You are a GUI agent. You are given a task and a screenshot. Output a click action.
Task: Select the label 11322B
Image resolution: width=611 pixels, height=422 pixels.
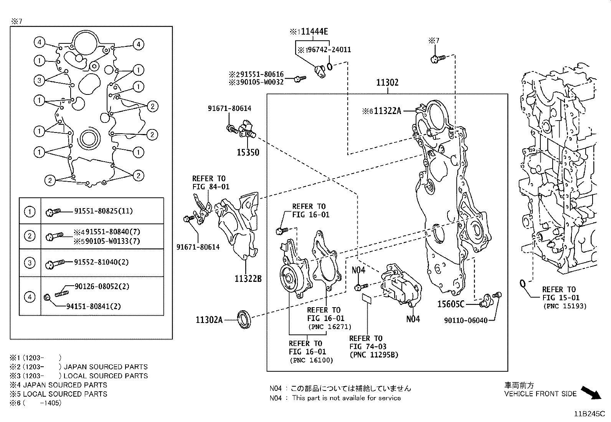[248, 278]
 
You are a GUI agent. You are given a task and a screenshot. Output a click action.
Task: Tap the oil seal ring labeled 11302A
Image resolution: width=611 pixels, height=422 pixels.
[244, 320]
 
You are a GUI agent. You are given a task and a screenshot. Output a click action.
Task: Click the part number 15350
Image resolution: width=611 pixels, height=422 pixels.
[248, 152]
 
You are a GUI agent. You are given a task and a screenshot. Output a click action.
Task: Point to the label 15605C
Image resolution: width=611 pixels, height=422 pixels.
[451, 304]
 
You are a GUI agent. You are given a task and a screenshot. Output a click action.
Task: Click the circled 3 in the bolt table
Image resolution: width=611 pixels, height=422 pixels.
[30, 263]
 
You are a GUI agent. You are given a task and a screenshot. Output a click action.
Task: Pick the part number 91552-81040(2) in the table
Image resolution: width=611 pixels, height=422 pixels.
[101, 262]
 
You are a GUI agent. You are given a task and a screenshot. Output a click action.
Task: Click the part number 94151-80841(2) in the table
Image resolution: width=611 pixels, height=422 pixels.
[94, 306]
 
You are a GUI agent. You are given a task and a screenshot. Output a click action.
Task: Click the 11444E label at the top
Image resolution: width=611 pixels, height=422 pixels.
[314, 31]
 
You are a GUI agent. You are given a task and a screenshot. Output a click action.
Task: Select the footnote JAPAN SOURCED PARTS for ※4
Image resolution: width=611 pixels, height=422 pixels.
[65, 385]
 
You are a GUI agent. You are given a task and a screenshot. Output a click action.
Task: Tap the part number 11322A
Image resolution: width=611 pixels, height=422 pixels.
[387, 111]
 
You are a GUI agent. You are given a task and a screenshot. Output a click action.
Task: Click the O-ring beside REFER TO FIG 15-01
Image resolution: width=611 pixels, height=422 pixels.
[522, 284]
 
